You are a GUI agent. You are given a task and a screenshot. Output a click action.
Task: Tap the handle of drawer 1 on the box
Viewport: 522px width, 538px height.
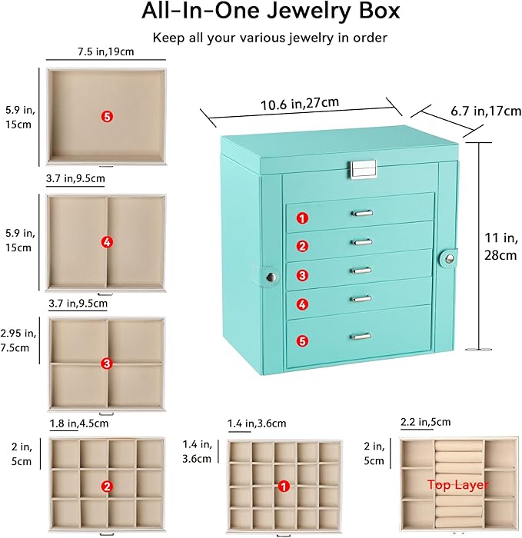pos(362,214)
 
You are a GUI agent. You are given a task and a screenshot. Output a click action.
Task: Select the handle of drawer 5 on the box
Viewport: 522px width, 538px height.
pos(361,336)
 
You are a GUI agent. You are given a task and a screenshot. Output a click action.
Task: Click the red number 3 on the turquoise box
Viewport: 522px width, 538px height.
pos(302,275)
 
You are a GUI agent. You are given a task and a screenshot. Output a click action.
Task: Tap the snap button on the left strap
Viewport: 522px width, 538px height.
pos(271,277)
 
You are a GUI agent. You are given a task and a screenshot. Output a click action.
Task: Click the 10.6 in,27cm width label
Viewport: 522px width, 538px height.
pos(300,103)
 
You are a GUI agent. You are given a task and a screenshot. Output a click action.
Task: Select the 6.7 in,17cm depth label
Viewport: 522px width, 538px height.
pos(486,111)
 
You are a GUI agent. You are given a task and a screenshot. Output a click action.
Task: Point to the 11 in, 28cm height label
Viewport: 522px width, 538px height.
pos(500,247)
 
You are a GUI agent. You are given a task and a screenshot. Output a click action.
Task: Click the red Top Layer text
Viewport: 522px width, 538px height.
pos(458,485)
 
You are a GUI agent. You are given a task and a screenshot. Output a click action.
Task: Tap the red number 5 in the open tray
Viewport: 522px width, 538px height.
pos(107,117)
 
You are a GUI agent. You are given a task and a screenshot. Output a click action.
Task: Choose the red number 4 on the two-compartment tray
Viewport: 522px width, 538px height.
pos(107,242)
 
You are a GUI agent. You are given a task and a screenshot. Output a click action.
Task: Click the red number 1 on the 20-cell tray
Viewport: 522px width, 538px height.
pos(284,486)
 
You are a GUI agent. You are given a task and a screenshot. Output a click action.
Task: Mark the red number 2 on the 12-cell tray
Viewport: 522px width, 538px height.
pos(107,487)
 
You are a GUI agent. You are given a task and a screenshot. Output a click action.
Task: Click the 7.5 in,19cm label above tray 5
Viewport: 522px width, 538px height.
pos(105,51)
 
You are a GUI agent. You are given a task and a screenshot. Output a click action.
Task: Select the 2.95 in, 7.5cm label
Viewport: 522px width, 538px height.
pos(18,340)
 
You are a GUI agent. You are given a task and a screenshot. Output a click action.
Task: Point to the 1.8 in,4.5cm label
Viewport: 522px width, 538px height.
pos(79,423)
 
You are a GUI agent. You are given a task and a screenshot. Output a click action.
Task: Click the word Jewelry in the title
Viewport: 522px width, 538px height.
pos(308,11)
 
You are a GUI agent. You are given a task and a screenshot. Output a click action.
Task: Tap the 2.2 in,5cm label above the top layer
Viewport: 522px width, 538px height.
pos(426,422)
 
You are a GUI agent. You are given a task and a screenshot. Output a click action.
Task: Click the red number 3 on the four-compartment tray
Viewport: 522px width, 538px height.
pos(107,364)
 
